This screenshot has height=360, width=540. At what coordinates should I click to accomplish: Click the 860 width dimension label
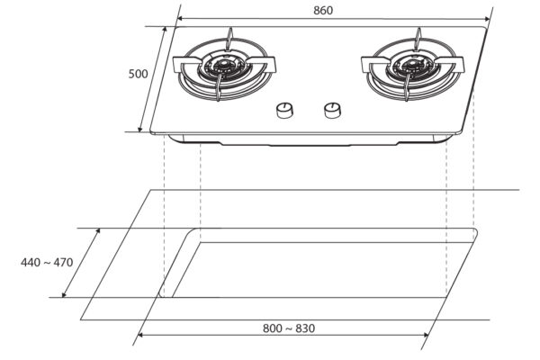[x=323, y=10]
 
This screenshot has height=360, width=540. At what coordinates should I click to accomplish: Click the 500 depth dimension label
[x=138, y=74]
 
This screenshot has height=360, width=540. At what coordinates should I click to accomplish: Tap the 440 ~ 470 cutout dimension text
[x=47, y=263]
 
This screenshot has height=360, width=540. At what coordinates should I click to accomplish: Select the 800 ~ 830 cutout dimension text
[x=289, y=328]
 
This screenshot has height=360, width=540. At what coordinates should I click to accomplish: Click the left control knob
[x=285, y=111]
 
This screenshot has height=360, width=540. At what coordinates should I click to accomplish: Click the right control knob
[x=333, y=111]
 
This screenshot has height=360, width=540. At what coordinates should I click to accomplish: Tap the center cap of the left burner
[x=222, y=63]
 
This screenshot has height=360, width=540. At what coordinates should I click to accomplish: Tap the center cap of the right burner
[x=411, y=63]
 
